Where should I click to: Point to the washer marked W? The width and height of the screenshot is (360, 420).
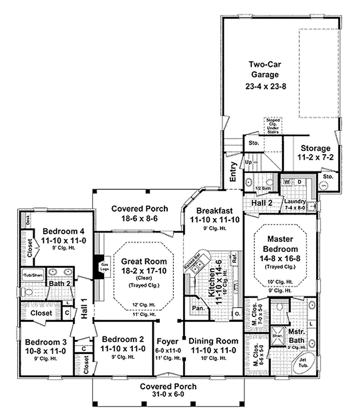click(287, 182)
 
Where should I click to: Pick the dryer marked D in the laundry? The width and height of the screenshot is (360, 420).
click(299, 182)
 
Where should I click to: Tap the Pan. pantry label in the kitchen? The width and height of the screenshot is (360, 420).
click(196, 308)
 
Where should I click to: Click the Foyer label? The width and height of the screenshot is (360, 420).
click(168, 341)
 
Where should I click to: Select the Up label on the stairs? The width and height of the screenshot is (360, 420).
click(248, 162)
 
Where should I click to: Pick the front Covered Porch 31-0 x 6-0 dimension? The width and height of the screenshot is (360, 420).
click(168, 394)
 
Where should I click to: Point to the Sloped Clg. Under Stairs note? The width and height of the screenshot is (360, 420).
click(273, 126)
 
